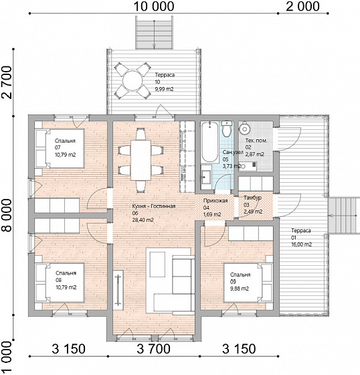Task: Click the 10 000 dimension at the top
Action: tap(154, 7)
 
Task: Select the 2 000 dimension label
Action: tap(302, 7)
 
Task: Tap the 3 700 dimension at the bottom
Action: tap(153, 349)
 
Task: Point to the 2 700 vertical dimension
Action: tap(7, 82)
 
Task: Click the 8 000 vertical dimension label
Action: tap(7, 216)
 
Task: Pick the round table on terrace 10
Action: tap(132, 80)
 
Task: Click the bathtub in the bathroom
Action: tap(209, 142)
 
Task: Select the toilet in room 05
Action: tap(226, 129)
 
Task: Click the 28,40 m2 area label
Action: tap(143, 220)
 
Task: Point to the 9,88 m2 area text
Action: tap(240, 289)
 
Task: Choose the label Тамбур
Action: tap(252, 198)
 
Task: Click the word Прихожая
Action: tap(215, 201)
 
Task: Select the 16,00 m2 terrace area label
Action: tap(301, 244)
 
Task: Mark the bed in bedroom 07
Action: tap(60, 148)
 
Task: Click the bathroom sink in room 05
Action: tap(205, 177)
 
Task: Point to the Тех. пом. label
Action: tap(256, 141)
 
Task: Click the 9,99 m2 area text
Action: tap(164, 89)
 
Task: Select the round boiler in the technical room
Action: tap(244, 129)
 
